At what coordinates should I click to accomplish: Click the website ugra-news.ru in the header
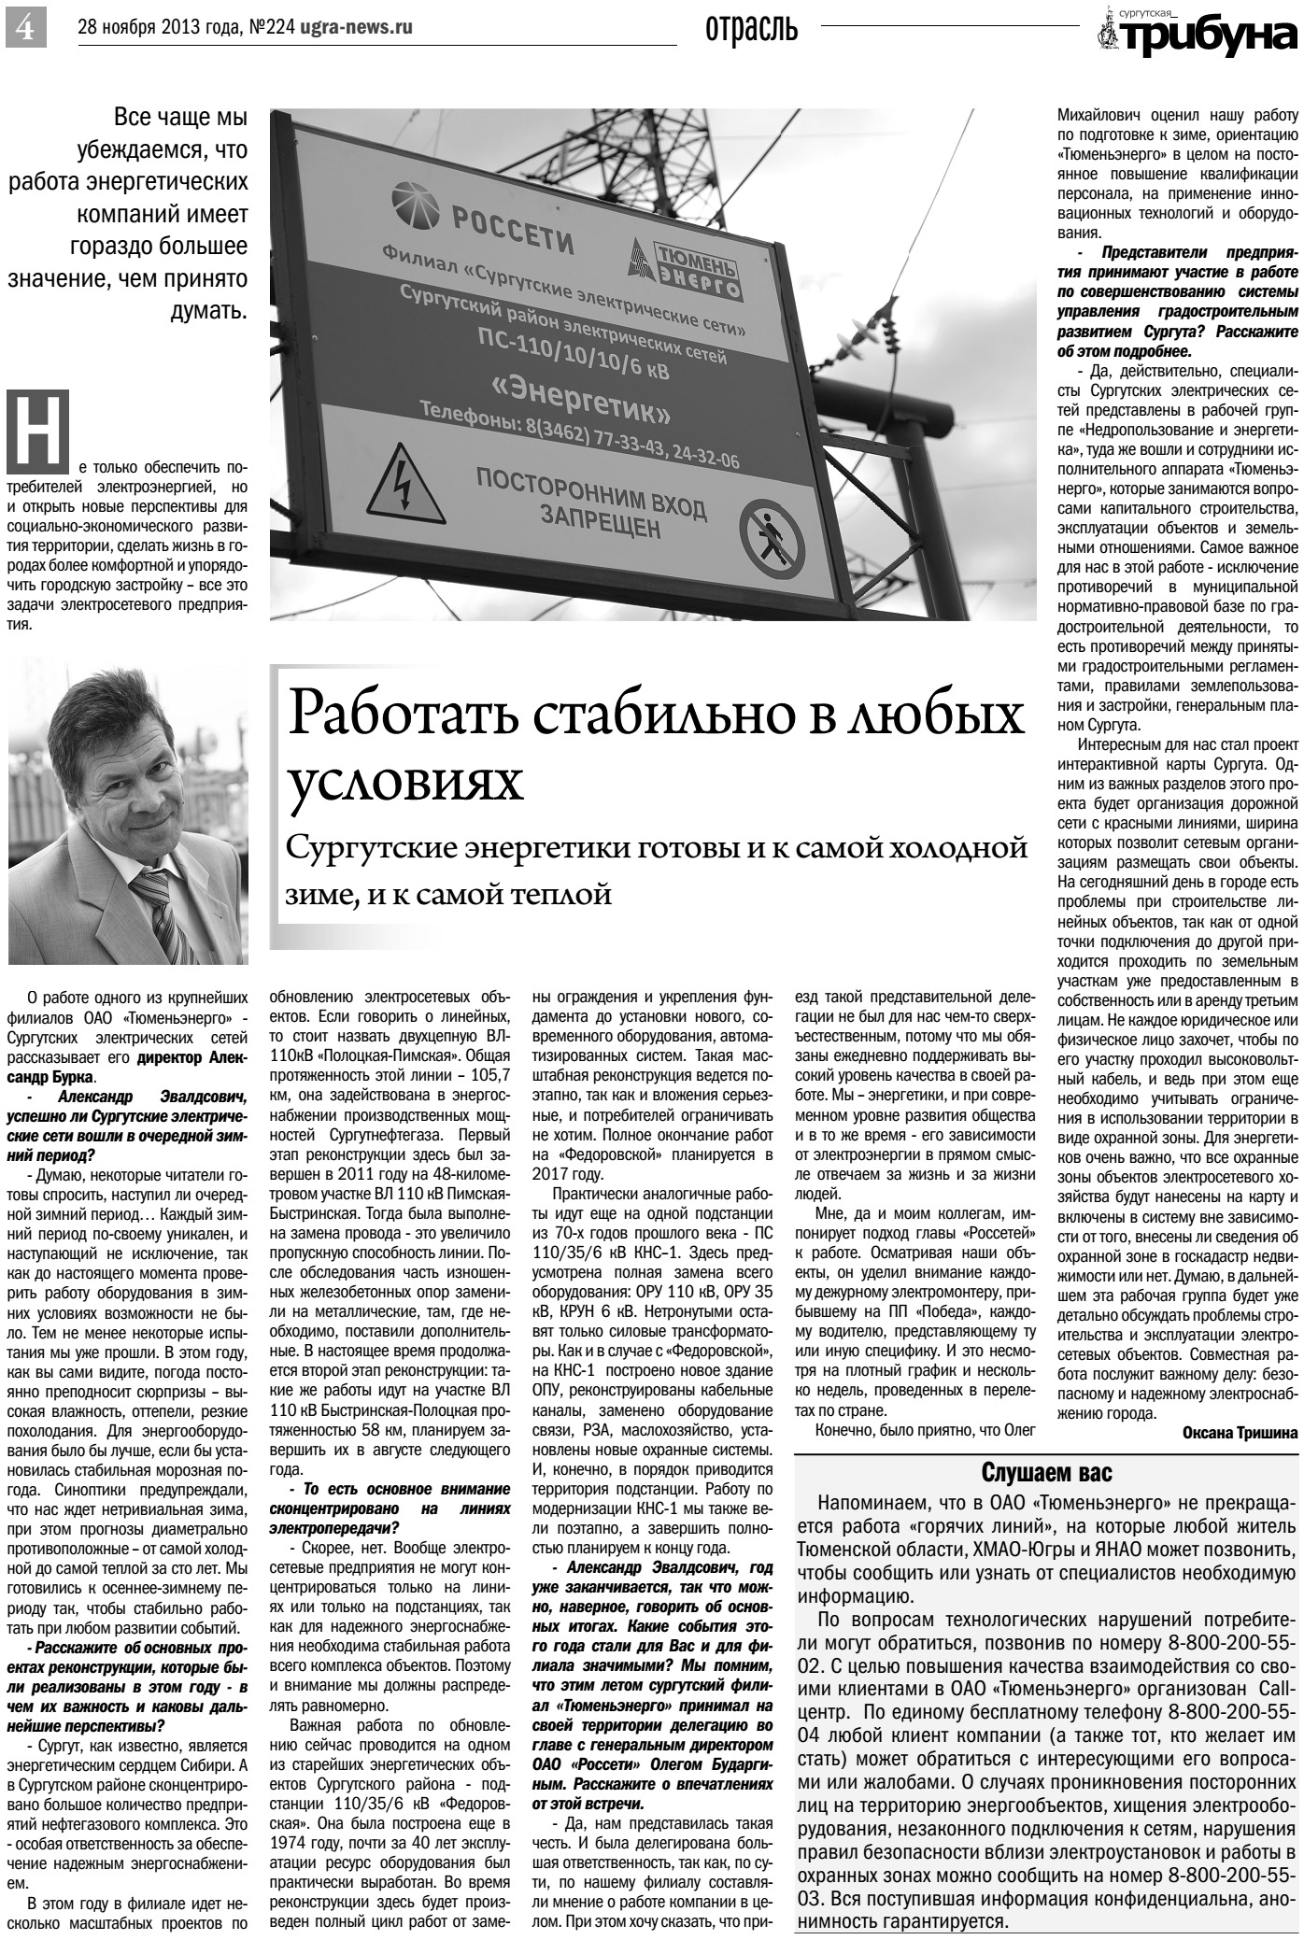coord(356,28)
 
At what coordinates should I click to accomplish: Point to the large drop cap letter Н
coord(38,431)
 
